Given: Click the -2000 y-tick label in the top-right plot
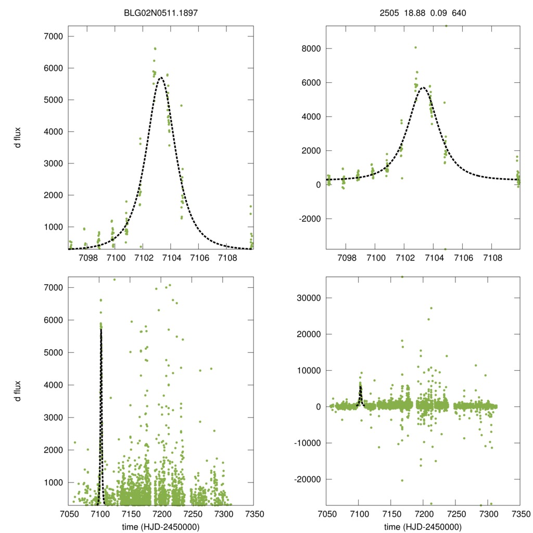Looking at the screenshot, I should (x=308, y=219).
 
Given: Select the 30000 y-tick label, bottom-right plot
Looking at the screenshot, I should (x=307, y=298).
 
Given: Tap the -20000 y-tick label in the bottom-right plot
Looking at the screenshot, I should (x=306, y=479).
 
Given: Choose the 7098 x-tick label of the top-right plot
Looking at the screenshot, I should (x=346, y=258).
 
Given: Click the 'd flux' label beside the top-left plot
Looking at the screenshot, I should (x=18, y=137).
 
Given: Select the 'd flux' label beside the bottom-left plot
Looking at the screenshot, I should (x=18, y=391).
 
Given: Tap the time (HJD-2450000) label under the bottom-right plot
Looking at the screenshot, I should (x=422, y=527).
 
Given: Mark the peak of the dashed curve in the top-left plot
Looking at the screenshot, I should (x=161, y=78).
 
